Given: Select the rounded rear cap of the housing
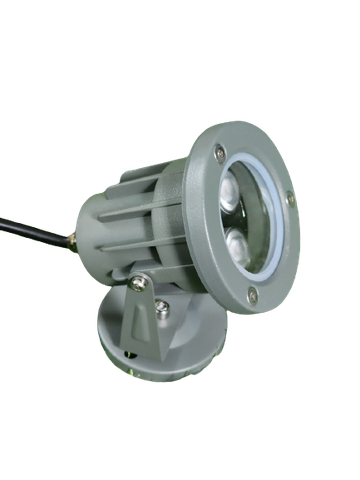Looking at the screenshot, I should coord(92,225).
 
